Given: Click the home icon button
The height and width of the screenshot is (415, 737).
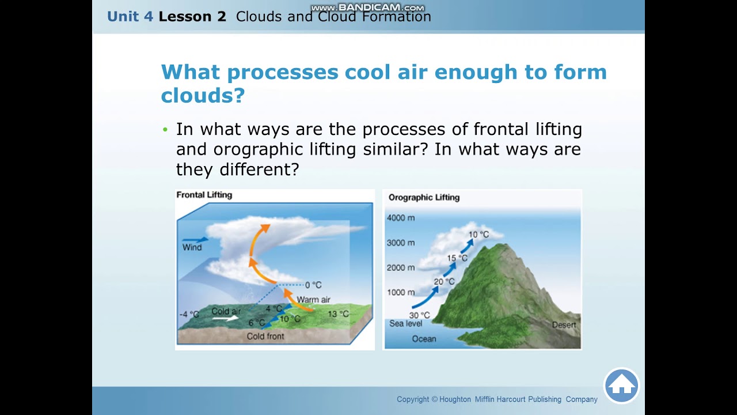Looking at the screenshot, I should point(622,386).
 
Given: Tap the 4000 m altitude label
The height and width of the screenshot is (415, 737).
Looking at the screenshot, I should point(400,218).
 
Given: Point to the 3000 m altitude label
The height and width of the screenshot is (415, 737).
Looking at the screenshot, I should point(400,243).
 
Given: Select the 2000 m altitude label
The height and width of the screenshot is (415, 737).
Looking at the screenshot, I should point(400,267).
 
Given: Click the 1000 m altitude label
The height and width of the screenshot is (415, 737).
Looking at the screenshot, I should point(400,292).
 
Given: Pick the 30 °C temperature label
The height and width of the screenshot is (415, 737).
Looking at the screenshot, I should point(419,315).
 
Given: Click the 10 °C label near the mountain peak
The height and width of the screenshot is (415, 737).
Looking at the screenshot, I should point(478,235).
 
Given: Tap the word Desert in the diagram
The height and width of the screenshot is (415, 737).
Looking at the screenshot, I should point(564,325).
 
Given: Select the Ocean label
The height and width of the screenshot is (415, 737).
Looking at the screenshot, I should point(424,339).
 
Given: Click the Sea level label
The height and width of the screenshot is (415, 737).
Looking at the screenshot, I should point(405,323).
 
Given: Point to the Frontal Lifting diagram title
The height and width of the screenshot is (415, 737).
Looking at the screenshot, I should point(204,195).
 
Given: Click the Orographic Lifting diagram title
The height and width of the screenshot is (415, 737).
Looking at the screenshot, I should point(424,197).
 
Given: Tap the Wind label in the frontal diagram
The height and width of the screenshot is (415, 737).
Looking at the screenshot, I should point(192,247).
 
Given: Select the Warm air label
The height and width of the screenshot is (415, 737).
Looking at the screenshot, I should point(313,300).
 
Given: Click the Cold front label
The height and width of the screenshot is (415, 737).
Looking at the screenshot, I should point(265,336).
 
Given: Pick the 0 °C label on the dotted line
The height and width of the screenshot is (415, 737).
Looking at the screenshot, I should point(313,285).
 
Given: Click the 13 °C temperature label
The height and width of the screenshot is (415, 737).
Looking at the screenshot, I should point(338,314).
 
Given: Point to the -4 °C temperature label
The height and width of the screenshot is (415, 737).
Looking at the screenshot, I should point(189,314).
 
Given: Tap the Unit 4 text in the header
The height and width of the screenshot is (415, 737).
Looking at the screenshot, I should point(130,16).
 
